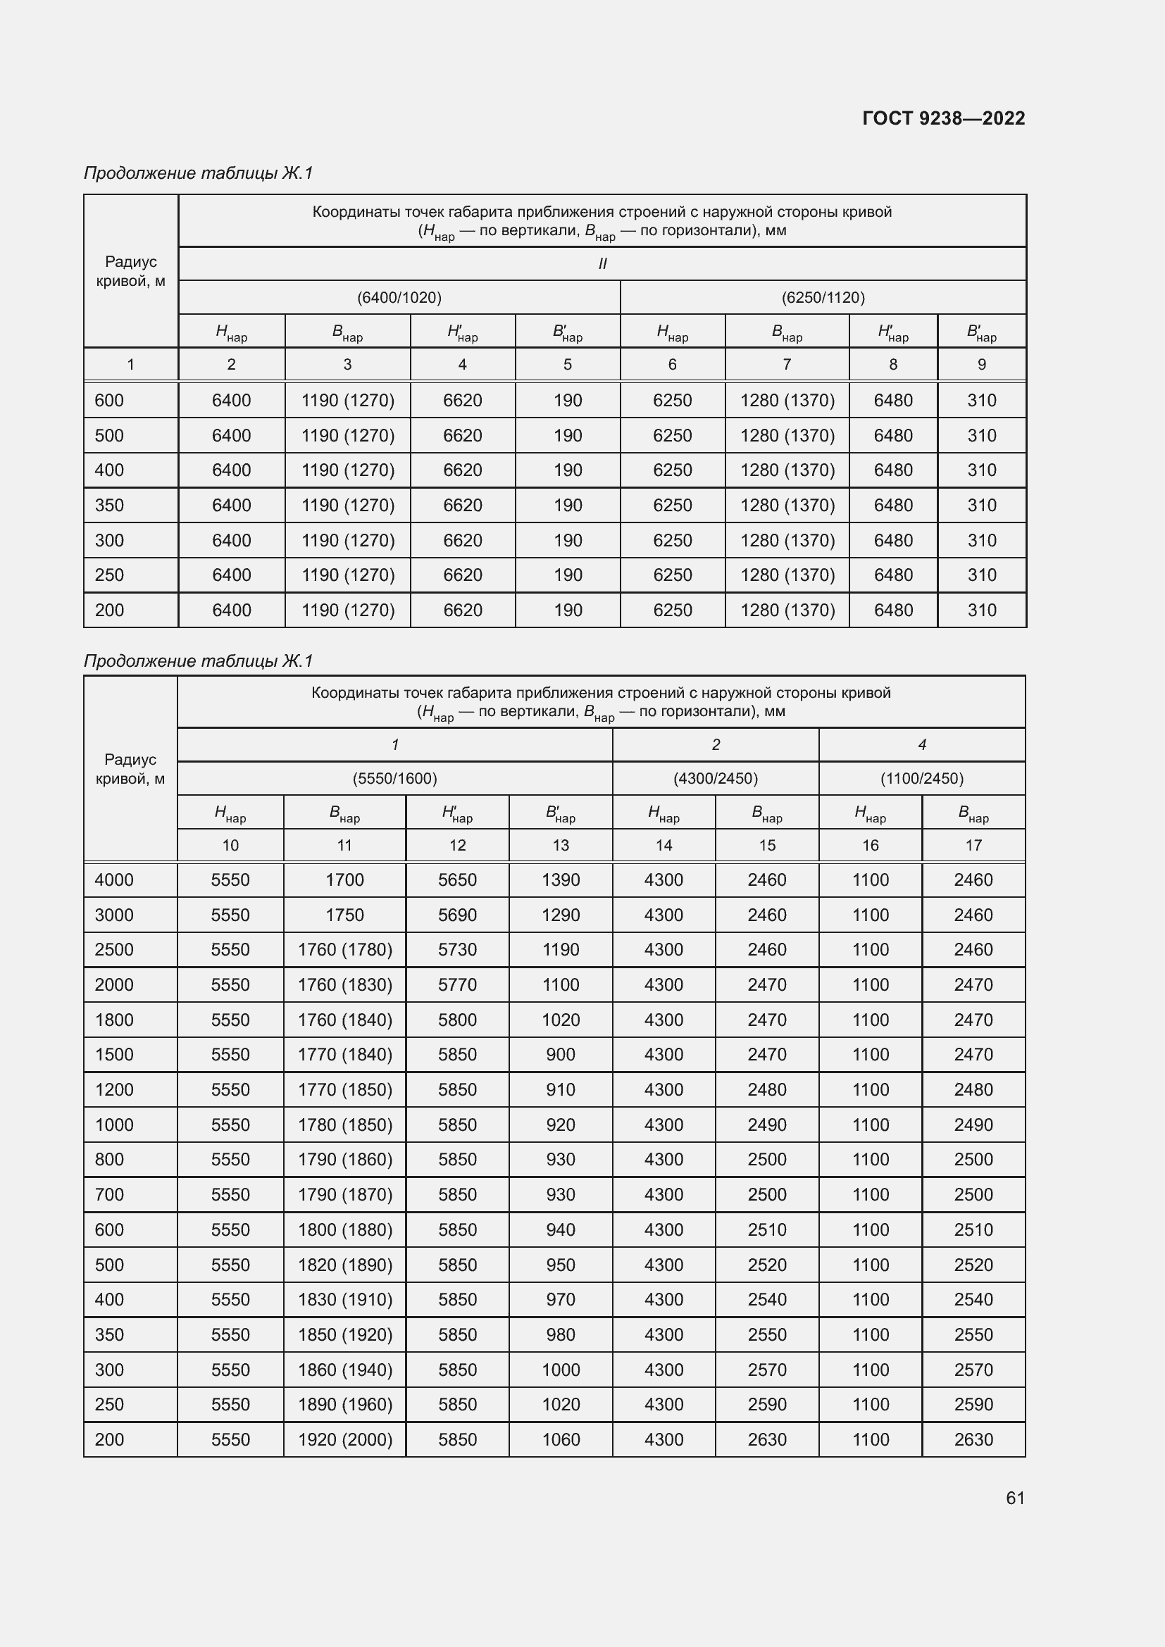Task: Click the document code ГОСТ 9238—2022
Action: (x=943, y=118)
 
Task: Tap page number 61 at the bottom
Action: (x=1015, y=1498)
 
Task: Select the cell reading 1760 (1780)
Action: (x=345, y=950)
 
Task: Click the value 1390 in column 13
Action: (x=560, y=880)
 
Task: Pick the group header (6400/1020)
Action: (x=399, y=297)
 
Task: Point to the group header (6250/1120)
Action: (x=823, y=297)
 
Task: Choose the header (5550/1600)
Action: (x=394, y=778)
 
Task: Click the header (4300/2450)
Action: (x=715, y=778)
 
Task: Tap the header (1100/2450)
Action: (x=922, y=778)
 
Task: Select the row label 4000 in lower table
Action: (x=114, y=880)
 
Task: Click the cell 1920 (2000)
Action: (x=345, y=1440)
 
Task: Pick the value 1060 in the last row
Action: (x=560, y=1440)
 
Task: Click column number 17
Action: (x=973, y=846)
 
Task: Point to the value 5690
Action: (x=457, y=915)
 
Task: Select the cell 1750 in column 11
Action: (x=344, y=915)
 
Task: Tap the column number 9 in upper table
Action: (x=981, y=365)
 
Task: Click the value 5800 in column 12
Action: (x=457, y=1020)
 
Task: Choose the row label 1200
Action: (x=114, y=1089)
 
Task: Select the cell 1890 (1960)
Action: (x=345, y=1405)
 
